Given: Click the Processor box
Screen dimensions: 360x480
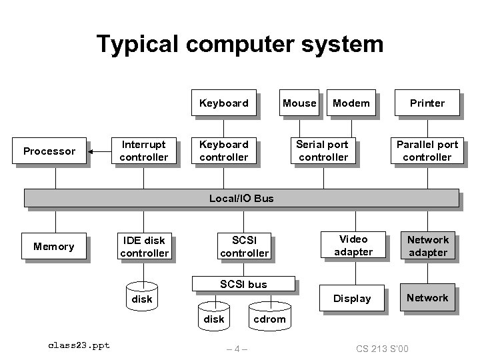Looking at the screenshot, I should (x=49, y=151).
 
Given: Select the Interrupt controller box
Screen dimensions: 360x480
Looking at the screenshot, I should (x=143, y=151).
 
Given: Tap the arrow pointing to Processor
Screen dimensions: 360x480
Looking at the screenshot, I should (x=101, y=151).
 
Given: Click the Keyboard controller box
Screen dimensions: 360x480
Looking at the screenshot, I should (x=223, y=151).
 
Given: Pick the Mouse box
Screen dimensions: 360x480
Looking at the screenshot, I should (x=299, y=103).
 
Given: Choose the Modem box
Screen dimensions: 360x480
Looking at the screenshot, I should (x=351, y=103).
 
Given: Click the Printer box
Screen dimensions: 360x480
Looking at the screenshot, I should (x=427, y=103).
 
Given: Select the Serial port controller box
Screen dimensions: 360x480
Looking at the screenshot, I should (x=323, y=151).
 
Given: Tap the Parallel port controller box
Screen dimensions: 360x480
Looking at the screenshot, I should (x=427, y=151).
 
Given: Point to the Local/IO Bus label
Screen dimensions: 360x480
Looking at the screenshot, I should (x=241, y=198).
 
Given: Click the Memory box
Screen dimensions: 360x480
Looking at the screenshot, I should (x=54, y=247).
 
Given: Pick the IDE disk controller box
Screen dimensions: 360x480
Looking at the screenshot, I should (x=144, y=247).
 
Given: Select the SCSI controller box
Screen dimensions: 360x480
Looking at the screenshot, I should (x=244, y=246).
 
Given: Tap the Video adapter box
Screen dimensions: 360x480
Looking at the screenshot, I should (x=353, y=245).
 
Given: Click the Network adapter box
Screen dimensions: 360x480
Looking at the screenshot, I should (x=428, y=246).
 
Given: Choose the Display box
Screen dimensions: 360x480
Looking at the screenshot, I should (x=352, y=298).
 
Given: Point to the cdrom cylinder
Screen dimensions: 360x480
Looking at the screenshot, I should (x=269, y=316).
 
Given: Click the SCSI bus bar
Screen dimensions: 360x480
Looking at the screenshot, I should (x=243, y=285).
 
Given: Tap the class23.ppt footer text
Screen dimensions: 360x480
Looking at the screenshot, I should (x=79, y=345).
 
